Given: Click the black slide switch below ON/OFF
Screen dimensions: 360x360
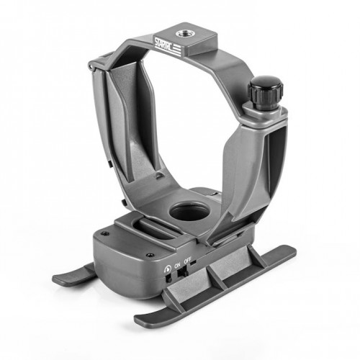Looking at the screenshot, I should (184, 273).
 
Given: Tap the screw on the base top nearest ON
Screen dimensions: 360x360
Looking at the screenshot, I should (150, 254).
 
